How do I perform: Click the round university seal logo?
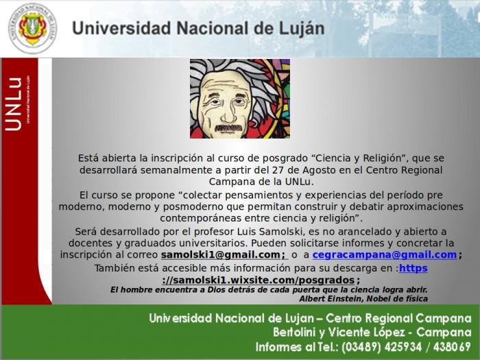pyautogui.click(x=32, y=28)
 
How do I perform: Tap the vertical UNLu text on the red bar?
pyautogui.click(x=14, y=104)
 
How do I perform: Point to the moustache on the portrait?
pyautogui.click(x=228, y=128)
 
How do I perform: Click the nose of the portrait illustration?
pyautogui.click(x=228, y=114)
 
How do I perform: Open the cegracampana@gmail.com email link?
pyautogui.click(x=385, y=254)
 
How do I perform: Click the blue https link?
pyautogui.click(x=413, y=268)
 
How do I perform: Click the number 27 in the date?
pyautogui.click(x=277, y=170)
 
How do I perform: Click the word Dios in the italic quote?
pyautogui.click(x=216, y=289)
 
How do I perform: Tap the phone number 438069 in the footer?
pyautogui.click(x=452, y=347)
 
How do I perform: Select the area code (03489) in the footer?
pyautogui.click(x=361, y=347)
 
